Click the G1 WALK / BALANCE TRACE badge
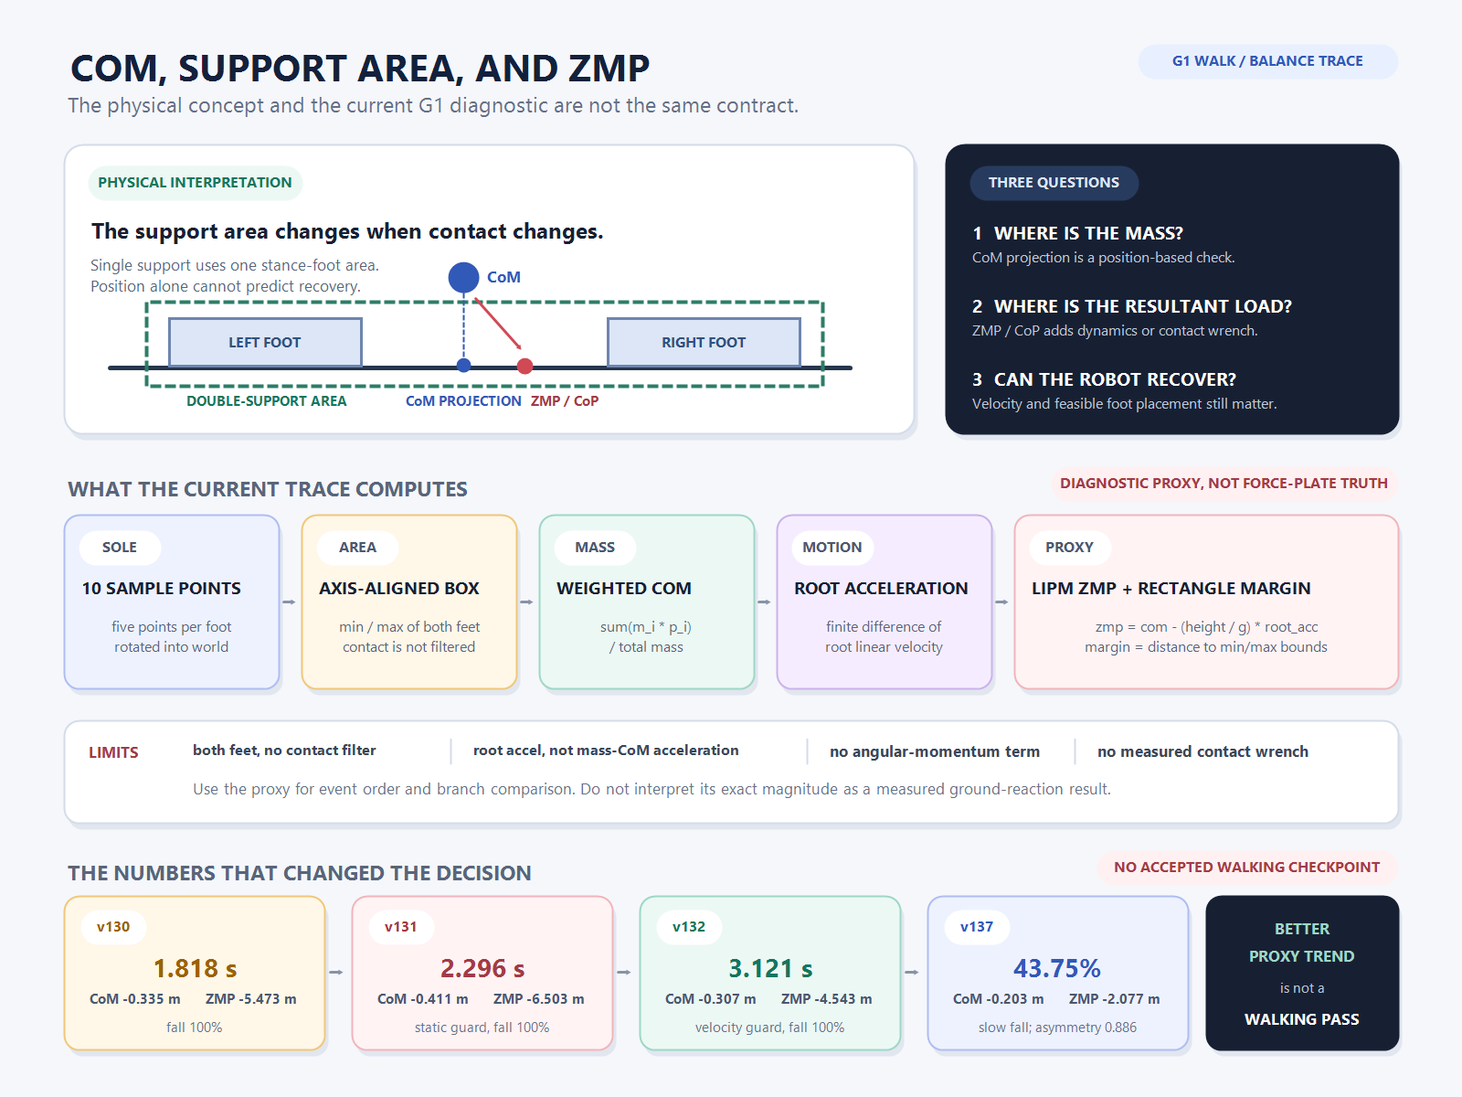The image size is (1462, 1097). click(x=1266, y=61)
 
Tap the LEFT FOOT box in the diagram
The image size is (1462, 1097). click(x=265, y=342)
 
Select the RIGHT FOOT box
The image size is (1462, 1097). click(x=704, y=342)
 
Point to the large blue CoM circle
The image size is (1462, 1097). click(x=463, y=278)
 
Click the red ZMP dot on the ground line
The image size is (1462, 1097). click(x=524, y=366)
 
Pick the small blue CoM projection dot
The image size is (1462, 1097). click(x=464, y=365)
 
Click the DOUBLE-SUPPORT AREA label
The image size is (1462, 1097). click(x=267, y=401)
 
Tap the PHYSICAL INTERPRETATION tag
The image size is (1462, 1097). click(x=196, y=183)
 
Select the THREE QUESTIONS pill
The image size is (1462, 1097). click(x=1054, y=183)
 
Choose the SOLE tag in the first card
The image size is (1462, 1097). click(x=119, y=548)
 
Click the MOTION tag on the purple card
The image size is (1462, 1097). click(x=832, y=548)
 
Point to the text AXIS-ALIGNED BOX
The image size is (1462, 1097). click(x=399, y=588)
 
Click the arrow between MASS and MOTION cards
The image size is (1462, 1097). click(x=765, y=602)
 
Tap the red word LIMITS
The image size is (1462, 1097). click(x=114, y=752)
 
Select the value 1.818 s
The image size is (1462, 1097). click(x=196, y=968)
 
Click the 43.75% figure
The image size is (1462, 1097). click(x=1057, y=968)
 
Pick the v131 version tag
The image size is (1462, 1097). click(x=400, y=926)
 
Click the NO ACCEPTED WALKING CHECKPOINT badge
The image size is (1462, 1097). click(x=1247, y=868)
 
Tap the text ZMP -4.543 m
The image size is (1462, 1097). click(x=827, y=999)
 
